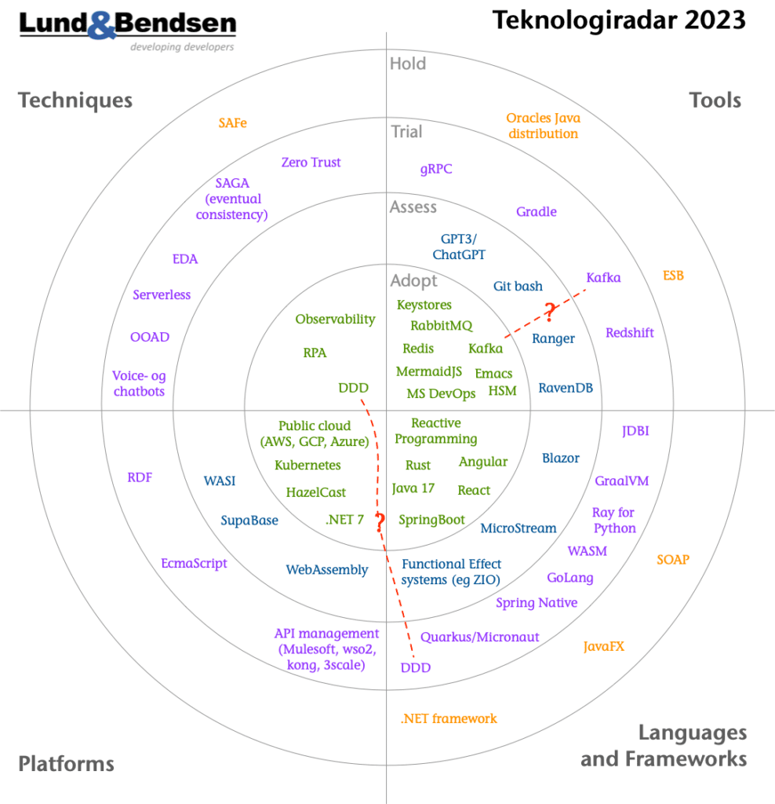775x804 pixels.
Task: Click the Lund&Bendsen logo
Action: click(128, 31)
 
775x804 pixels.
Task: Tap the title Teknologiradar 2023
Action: click(619, 20)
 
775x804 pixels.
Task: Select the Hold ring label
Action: click(408, 64)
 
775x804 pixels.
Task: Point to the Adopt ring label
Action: click(414, 281)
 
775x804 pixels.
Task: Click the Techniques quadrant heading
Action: click(75, 100)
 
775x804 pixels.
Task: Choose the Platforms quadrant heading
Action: click(66, 763)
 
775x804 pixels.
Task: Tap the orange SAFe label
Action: click(232, 123)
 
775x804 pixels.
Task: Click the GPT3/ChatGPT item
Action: click(459, 247)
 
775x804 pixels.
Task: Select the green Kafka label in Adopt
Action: click(486, 349)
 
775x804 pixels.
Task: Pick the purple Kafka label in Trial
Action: click(603, 277)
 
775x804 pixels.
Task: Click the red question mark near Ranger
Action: click(550, 312)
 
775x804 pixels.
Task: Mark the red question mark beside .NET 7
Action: click(380, 522)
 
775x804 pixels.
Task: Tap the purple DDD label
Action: click(416, 667)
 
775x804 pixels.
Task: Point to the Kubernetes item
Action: click(307, 465)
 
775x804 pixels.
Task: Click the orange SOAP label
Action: click(673, 559)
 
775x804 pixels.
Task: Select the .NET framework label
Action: click(449, 718)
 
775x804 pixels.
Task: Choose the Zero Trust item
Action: click(311, 163)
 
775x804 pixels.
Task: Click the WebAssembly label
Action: click(327, 570)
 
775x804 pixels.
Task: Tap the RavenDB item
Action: click(566, 388)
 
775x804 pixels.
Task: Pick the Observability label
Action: click(336, 320)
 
